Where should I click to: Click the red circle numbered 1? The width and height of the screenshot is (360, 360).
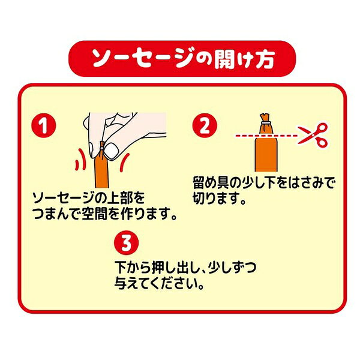(x=44, y=125)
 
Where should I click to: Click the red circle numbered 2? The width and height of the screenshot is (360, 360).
(x=205, y=125)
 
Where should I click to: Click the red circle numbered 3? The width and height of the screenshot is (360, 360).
(x=127, y=243)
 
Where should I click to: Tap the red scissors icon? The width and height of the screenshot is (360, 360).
(x=313, y=135)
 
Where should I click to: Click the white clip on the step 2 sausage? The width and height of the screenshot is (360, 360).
(x=266, y=122)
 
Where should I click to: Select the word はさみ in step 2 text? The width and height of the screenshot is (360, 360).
(x=306, y=183)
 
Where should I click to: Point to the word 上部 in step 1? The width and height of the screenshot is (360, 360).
(x=119, y=198)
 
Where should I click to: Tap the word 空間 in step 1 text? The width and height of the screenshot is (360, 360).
(x=95, y=213)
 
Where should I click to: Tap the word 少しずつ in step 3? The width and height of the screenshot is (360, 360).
(x=232, y=267)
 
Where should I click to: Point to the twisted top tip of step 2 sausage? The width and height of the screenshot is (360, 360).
(x=265, y=115)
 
